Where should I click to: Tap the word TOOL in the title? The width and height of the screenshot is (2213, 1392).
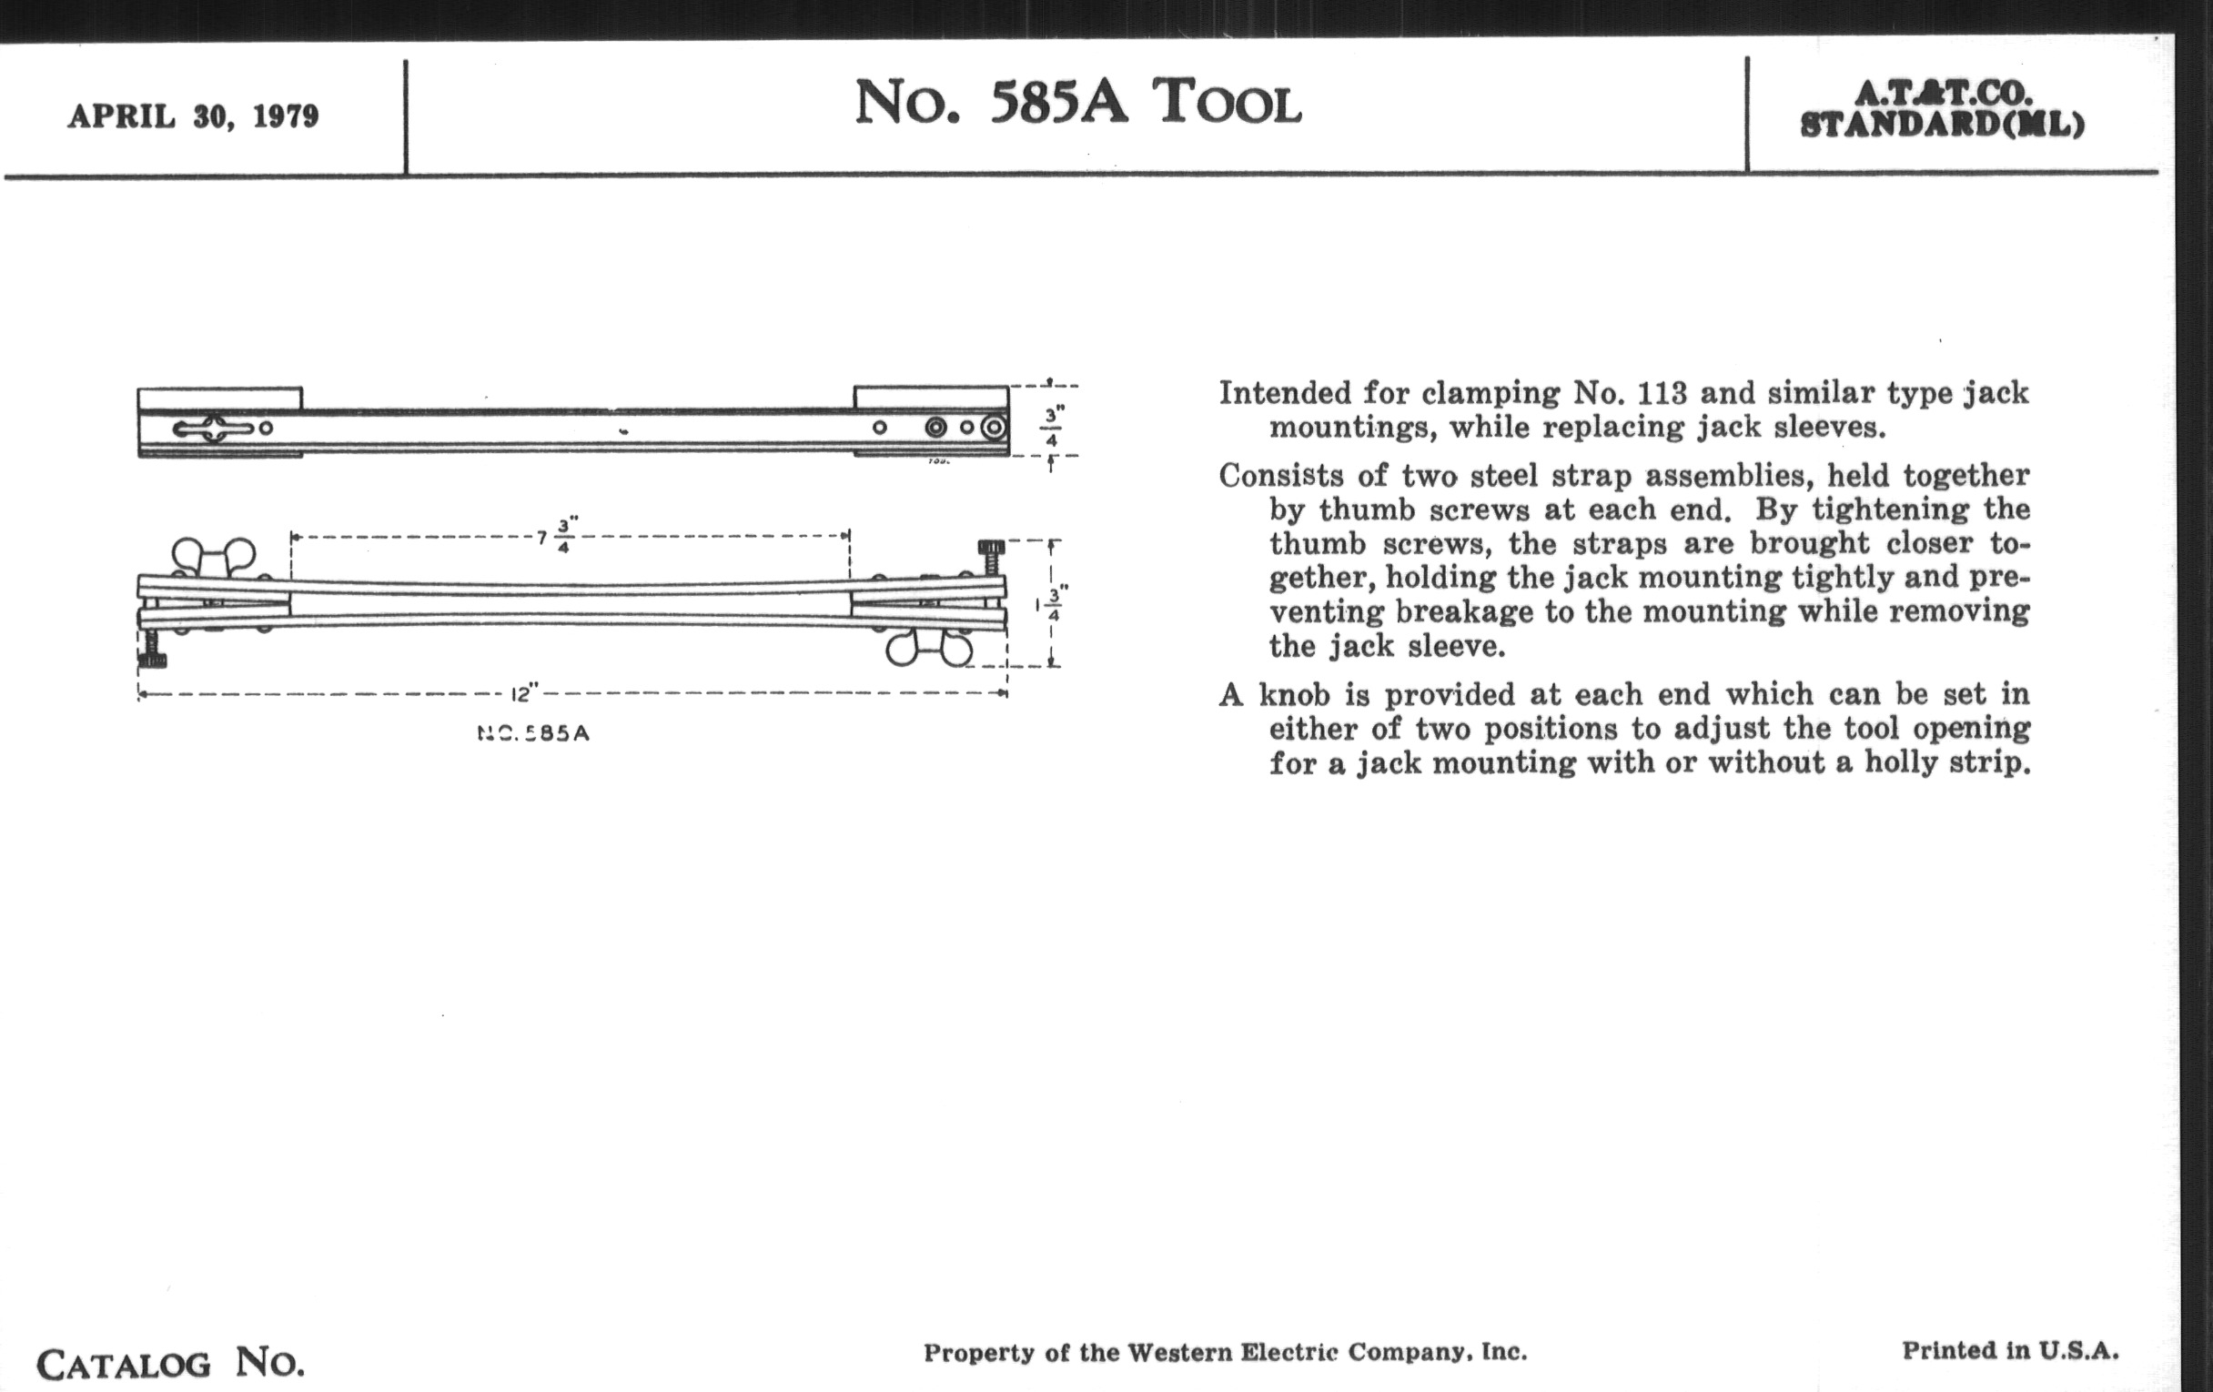(1227, 103)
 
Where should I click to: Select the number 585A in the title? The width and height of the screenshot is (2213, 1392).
(1057, 103)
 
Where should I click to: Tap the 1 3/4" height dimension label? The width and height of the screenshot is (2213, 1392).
(1051, 604)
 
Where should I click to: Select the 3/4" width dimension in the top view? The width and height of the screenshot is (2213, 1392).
(1051, 429)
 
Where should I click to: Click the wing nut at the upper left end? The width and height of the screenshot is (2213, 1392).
(213, 556)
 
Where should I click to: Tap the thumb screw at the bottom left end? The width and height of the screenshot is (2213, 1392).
(152, 653)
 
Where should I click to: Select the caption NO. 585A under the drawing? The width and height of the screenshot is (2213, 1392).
(534, 733)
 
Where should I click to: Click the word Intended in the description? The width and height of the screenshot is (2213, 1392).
(1285, 393)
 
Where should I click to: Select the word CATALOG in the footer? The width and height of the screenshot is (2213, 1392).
(123, 1364)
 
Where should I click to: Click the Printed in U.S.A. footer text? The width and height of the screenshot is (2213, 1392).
(2010, 1351)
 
